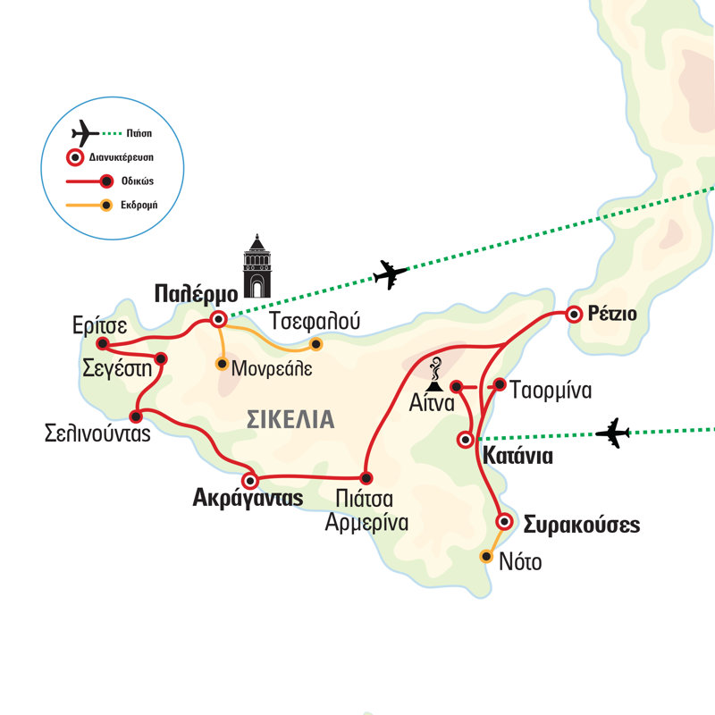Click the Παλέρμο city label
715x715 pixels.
pyautogui.click(x=194, y=293)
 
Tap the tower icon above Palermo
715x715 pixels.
pyautogui.click(x=257, y=266)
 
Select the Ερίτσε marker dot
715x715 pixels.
pyautogui.click(x=103, y=343)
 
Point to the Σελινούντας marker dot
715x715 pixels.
pyautogui.click(x=136, y=416)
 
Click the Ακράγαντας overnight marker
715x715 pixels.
pyautogui.click(x=251, y=478)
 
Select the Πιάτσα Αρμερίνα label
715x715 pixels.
pyautogui.click(x=366, y=511)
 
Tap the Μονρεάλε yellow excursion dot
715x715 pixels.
pyautogui.click(x=222, y=364)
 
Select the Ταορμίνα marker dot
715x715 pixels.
pyautogui.click(x=500, y=385)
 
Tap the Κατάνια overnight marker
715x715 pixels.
pyautogui.click(x=465, y=440)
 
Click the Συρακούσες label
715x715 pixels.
pyautogui.click(x=581, y=524)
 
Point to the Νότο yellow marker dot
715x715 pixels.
pyautogui.click(x=486, y=556)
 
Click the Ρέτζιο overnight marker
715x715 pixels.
pyautogui.click(x=573, y=314)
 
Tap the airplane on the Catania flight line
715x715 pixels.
pyautogui.click(x=613, y=433)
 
